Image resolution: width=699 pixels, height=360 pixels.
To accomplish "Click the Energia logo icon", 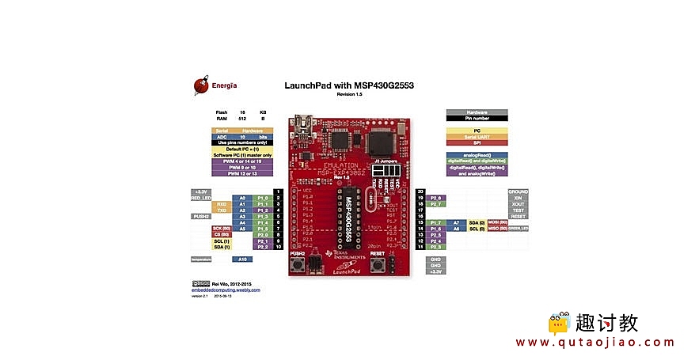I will pyautogui.click(x=201, y=85).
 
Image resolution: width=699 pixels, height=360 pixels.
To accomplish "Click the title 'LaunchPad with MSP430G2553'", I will pyautogui.click(x=349, y=85).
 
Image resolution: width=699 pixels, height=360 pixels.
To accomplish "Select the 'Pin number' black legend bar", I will pyautogui.click(x=477, y=118).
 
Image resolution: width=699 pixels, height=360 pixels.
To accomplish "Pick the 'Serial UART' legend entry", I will pyautogui.click(x=477, y=136).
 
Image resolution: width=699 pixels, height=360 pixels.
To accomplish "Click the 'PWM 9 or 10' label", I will pyautogui.click(x=242, y=167).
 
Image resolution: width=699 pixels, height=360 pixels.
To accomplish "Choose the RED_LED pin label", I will pyautogui.click(x=202, y=198).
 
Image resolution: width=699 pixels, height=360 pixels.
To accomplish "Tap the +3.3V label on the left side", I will pyautogui.click(x=202, y=191).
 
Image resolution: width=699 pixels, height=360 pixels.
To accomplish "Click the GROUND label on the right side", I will pyautogui.click(x=518, y=191).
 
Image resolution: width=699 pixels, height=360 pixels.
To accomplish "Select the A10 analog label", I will pyautogui.click(x=242, y=259).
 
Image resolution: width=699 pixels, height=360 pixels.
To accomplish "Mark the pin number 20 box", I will pyautogui.click(x=420, y=191).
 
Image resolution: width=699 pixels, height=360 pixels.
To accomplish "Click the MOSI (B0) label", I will pyautogui.click(x=496, y=222).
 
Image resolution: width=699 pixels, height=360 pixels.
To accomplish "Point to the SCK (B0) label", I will pyautogui.click(x=221, y=229).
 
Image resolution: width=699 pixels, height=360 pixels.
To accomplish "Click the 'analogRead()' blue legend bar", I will pyautogui.click(x=477, y=154).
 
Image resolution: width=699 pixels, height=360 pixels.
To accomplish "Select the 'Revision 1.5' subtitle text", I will pyautogui.click(x=349, y=93).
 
